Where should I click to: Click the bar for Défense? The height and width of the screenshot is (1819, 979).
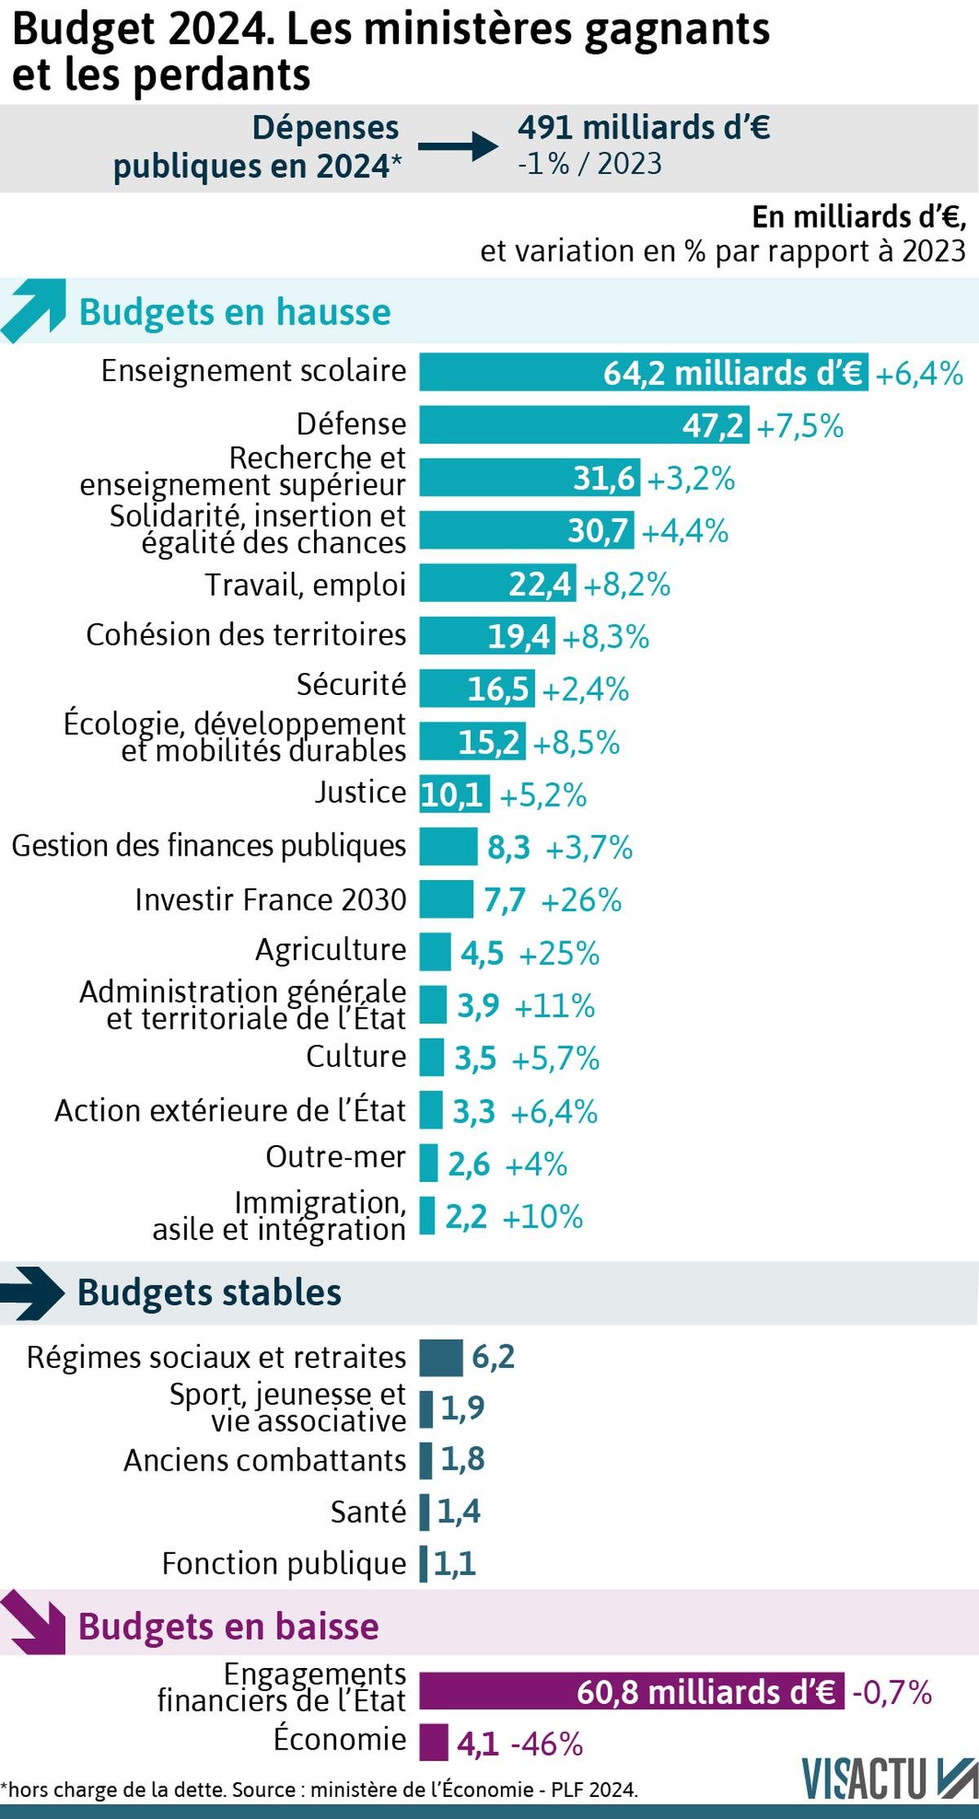584,425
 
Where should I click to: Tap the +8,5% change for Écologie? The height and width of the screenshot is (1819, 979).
576,742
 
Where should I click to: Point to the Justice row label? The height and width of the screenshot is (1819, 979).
360,792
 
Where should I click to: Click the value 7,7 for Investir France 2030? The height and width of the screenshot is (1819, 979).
504,900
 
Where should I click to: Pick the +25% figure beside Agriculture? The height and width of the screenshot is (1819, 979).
559,953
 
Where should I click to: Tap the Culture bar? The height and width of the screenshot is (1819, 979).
432,1057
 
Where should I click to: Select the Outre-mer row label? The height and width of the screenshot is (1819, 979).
335,1157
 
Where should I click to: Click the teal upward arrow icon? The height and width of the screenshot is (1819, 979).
33,310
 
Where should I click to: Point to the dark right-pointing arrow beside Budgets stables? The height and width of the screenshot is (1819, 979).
33,1293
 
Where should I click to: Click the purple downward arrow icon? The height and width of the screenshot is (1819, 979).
33,1626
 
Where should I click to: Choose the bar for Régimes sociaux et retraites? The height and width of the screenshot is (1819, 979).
441,1357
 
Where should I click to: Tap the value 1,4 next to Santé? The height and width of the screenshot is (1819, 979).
458,1511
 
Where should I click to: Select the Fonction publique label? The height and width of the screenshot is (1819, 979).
284,1564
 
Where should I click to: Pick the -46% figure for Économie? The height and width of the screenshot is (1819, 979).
547,1744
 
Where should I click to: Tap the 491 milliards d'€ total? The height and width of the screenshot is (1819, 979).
644,128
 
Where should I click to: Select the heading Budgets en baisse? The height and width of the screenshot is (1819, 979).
228,1626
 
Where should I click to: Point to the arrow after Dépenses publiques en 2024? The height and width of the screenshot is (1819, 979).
458,147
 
